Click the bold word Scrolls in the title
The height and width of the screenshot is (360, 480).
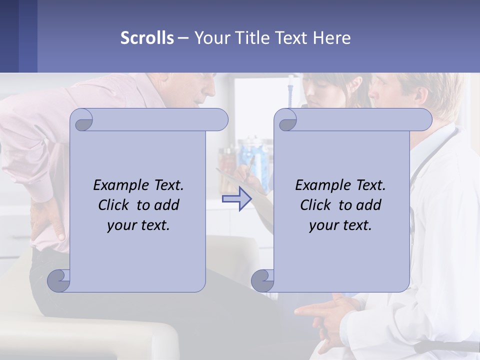pos(147,37)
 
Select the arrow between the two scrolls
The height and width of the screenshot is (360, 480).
pos(236,199)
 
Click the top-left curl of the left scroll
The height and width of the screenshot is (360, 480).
pos(81,120)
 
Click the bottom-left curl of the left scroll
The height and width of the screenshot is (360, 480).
pos(59,280)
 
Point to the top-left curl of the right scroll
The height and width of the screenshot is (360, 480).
pos(285,120)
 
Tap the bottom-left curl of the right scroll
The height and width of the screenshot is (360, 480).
pos(262,280)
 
